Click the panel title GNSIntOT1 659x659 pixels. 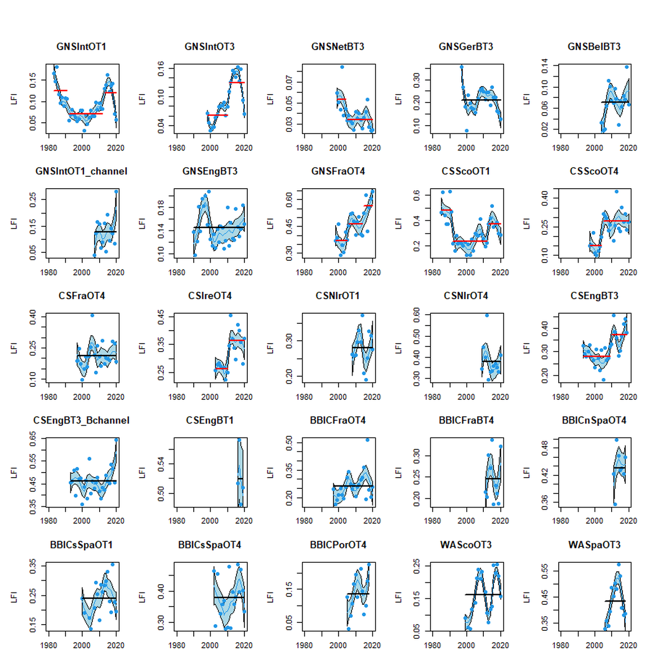(81, 47)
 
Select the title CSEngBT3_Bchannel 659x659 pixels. (81, 420)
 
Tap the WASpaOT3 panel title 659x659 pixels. (594, 545)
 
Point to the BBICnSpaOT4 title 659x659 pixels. (594, 420)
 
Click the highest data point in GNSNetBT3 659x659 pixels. (342, 67)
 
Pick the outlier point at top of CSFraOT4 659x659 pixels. (92, 315)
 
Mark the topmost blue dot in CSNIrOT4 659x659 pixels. (487, 315)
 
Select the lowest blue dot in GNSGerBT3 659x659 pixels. (467, 131)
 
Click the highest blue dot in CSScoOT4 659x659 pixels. (616, 192)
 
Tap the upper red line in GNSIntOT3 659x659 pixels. (237, 83)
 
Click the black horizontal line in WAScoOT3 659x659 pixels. (483, 594)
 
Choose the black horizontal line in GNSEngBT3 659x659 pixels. (220, 228)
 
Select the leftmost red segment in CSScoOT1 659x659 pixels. (447, 210)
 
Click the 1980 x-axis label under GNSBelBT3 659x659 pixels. (560, 148)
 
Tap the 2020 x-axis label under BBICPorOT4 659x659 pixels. (372, 645)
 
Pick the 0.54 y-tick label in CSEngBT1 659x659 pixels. (161, 464)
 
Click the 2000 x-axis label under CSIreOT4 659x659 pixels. (210, 397)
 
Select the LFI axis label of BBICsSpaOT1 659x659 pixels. (14, 596)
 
